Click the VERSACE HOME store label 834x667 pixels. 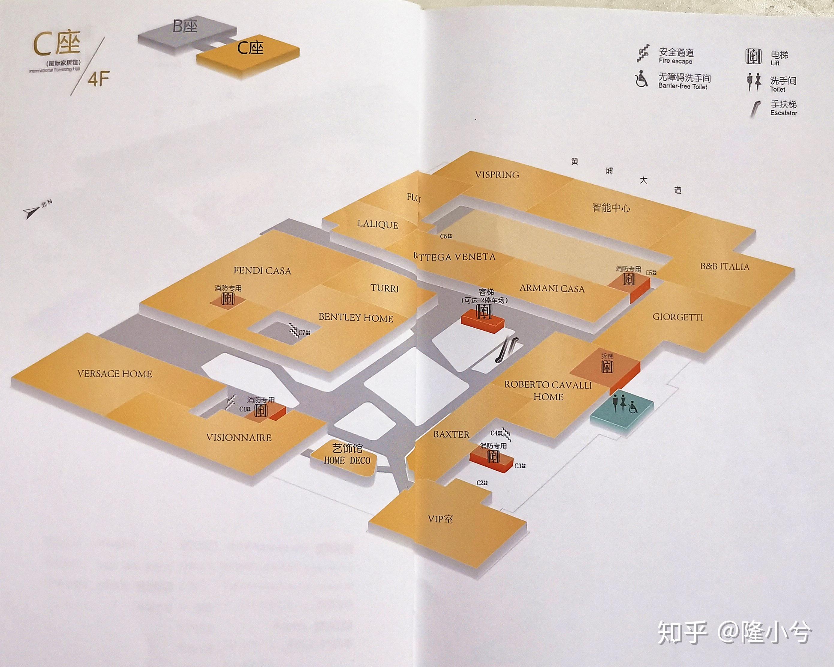click(x=115, y=374)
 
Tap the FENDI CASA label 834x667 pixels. click(x=262, y=270)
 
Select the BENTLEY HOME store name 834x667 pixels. click(x=356, y=318)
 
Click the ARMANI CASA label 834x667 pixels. click(x=552, y=288)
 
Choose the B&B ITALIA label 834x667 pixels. click(x=725, y=267)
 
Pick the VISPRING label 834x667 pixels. click(x=497, y=175)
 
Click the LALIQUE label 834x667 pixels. click(x=377, y=225)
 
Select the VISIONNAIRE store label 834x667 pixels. click(x=239, y=438)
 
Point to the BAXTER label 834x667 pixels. click(x=451, y=434)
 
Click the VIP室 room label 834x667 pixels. click(x=440, y=519)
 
